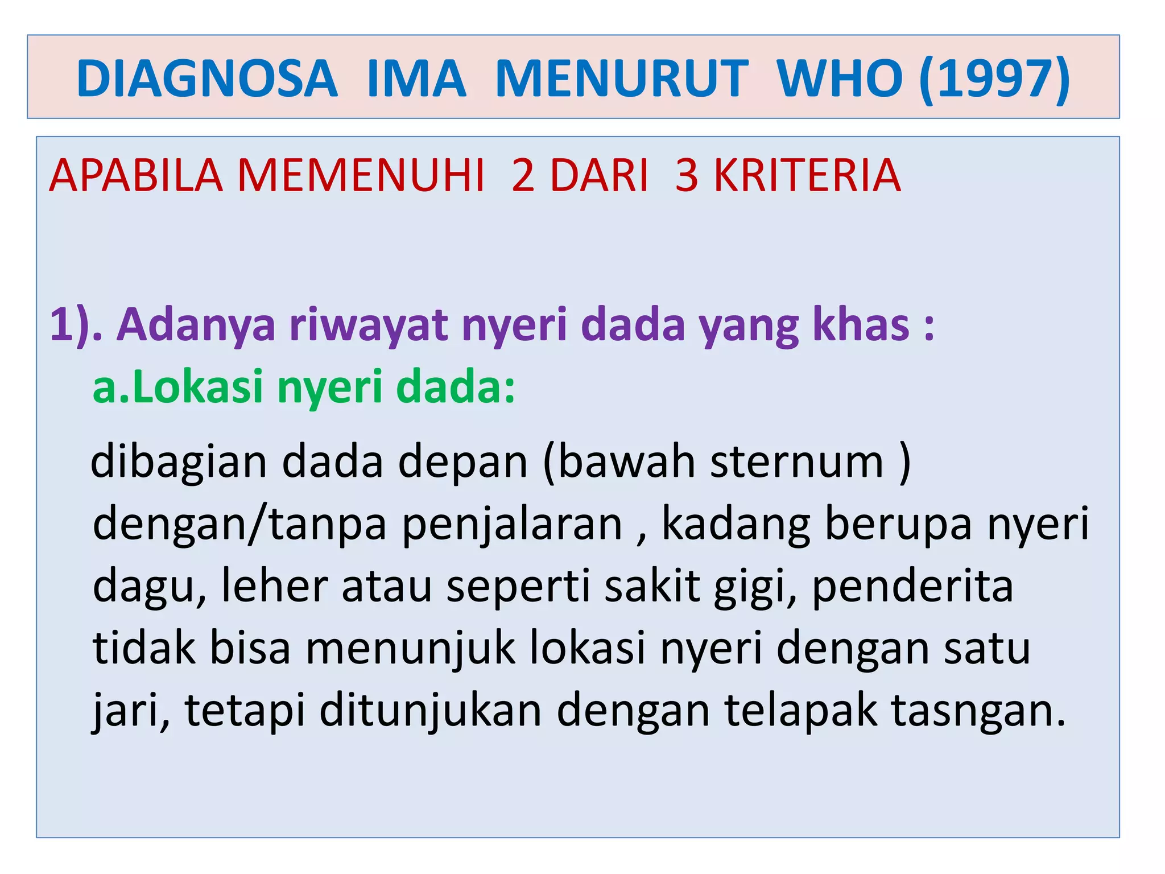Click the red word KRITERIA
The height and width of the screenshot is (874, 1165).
(x=807, y=176)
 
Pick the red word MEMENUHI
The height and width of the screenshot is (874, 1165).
(x=361, y=176)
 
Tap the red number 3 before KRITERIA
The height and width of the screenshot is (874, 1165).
(x=687, y=176)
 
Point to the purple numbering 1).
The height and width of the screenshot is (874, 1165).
(x=76, y=324)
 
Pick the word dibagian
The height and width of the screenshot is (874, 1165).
(x=179, y=462)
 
